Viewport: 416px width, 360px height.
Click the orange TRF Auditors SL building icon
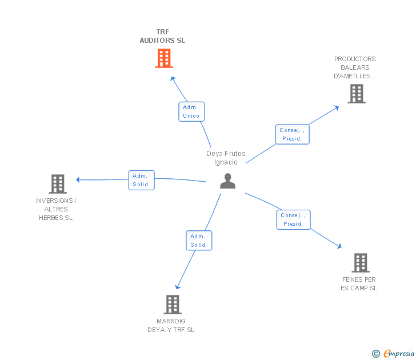click(164, 58)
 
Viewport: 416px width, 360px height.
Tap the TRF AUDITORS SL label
click(162, 36)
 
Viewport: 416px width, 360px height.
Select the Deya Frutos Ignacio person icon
click(227, 181)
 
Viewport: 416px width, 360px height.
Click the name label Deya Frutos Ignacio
click(226, 158)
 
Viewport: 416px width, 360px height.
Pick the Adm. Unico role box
click(191, 111)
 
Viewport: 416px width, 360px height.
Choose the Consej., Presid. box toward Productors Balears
click(292, 134)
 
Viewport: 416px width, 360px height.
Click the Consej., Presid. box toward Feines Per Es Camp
click(293, 219)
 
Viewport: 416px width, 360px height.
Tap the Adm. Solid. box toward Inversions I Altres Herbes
click(141, 180)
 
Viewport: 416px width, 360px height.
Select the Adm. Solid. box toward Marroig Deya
click(198, 241)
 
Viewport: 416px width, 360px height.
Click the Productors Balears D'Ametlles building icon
click(357, 94)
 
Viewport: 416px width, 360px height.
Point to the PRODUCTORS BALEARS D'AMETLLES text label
click(355, 67)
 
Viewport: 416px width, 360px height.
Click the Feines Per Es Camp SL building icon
click(360, 263)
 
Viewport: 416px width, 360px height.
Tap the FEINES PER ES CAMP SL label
click(359, 283)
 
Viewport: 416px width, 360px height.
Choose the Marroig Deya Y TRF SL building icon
click(173, 305)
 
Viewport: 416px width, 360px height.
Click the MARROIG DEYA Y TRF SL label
click(171, 325)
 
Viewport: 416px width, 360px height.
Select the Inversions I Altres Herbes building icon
click(58, 184)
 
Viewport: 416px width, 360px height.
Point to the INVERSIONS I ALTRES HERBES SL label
click(56, 209)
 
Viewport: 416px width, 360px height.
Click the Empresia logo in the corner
click(399, 354)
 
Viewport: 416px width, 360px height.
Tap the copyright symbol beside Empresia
click(376, 354)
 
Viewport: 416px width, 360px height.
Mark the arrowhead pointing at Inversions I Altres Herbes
click(78, 179)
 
